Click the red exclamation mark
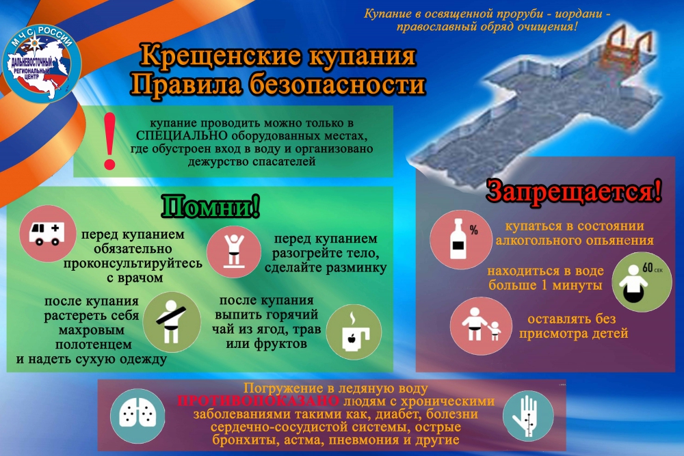pos(109,141)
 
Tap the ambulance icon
pos(48,234)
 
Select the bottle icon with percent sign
pos(460,239)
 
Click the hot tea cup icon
pos(354,332)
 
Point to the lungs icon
pos(137,416)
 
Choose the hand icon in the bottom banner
pos(528,416)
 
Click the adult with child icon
pos(481,325)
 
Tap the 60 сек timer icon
pos(642,282)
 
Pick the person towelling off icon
pos(172,322)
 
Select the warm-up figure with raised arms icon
pos(234,252)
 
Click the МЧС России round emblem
pos(42,64)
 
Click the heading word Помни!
pos(211,206)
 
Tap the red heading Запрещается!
pos(574,191)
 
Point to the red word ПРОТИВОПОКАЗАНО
pos(259,401)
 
